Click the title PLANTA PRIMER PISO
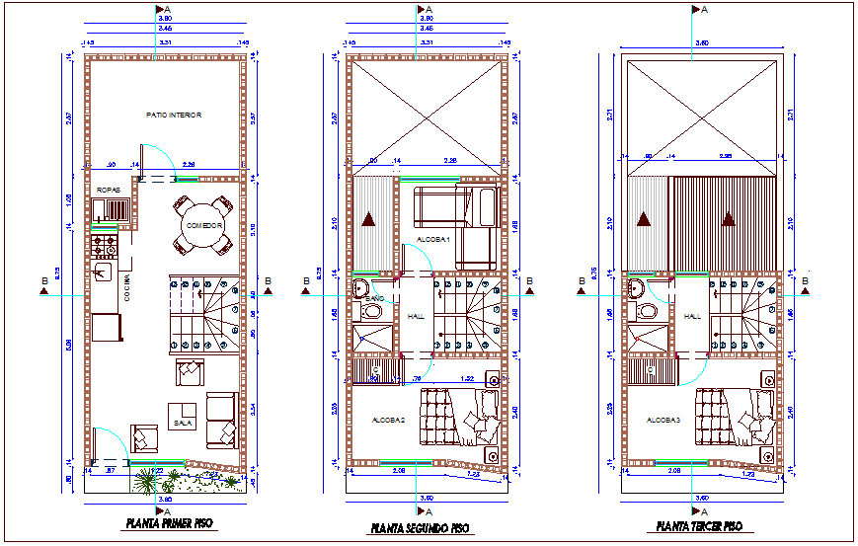(x=165, y=524)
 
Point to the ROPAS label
(x=108, y=190)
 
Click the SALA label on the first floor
(x=183, y=423)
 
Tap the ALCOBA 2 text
(x=389, y=420)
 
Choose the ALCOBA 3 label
(x=663, y=420)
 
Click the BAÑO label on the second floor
(x=375, y=297)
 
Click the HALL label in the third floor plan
(x=692, y=317)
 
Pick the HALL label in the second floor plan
(x=416, y=317)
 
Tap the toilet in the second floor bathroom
(x=373, y=312)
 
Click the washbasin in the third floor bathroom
(x=637, y=288)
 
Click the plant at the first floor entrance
(x=148, y=481)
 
